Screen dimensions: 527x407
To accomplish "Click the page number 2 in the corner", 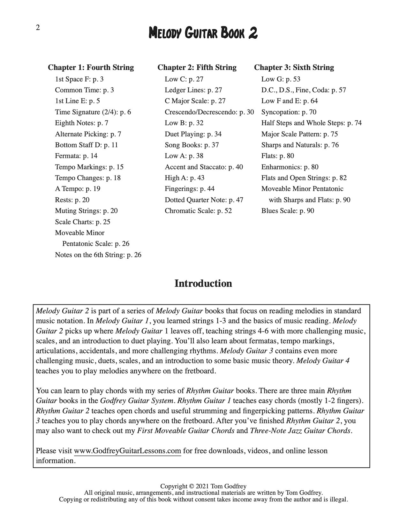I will pos(38,28).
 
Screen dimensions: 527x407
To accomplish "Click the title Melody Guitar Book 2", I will pos(203,33).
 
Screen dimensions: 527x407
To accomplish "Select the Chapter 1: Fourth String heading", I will pos(91,67).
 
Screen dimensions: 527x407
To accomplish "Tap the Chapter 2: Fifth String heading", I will pos(197,67).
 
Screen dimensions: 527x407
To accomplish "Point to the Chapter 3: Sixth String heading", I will pos(294,67).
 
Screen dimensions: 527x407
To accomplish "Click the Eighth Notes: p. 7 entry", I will pos(81,123).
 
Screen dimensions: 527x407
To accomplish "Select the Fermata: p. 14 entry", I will pos(76,156).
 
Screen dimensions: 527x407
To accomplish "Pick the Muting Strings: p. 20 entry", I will pos(86,211).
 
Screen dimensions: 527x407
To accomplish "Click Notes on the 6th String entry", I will pos(98,255).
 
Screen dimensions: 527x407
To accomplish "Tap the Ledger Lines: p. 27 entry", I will pos(193,90).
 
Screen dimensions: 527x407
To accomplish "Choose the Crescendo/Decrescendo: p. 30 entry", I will pos(209,112).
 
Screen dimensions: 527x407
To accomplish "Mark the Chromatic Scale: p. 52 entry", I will pos(198,211).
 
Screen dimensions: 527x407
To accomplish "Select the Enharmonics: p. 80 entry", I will pos(290,167).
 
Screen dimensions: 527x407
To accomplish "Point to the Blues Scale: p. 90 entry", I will pos(287,211).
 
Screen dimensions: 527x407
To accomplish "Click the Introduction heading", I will pos(203,284).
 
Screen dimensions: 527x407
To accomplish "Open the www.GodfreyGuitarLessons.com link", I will pos(127,451).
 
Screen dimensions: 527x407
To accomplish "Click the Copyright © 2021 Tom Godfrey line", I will pos(203,486).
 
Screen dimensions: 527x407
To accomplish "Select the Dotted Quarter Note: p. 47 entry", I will pos(204,200).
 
